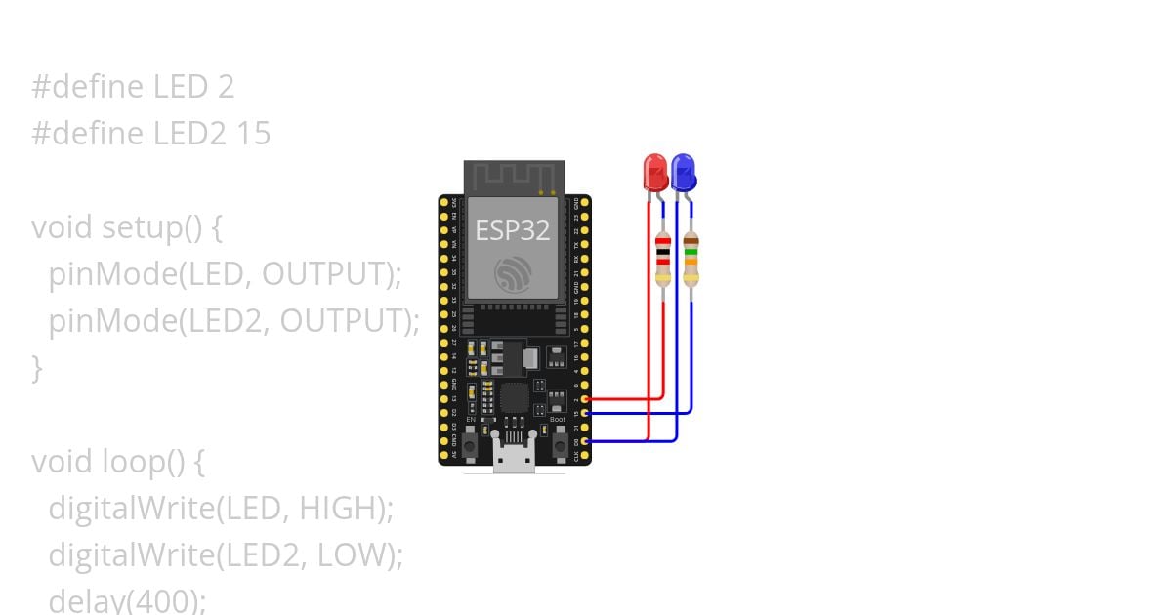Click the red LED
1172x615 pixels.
[654, 172]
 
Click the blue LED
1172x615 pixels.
[683, 172]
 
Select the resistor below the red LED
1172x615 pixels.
[663, 261]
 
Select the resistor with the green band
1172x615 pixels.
[691, 261]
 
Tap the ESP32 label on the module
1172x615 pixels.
[512, 230]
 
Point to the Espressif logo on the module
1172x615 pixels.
[513, 274]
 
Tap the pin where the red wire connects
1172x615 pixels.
[585, 399]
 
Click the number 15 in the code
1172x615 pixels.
[253, 134]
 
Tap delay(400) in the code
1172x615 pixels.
[127, 600]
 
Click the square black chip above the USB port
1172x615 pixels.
[514, 397]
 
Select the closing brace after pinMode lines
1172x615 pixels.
[38, 368]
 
